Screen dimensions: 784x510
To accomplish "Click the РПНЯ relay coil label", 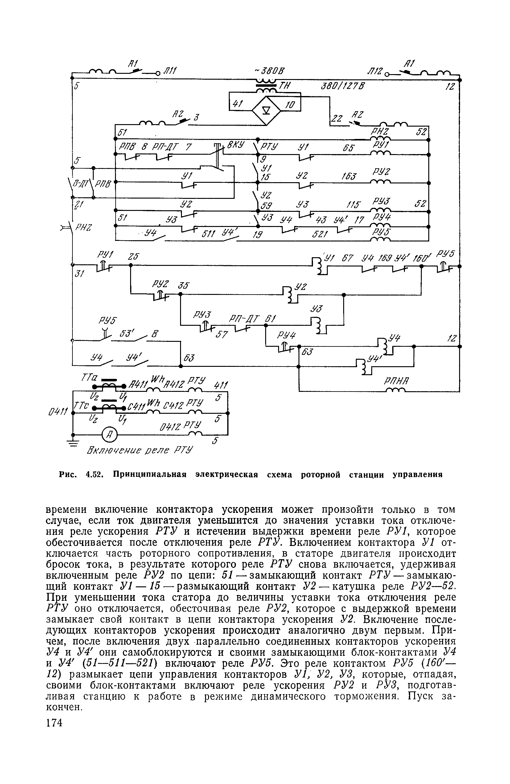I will [x=396, y=381].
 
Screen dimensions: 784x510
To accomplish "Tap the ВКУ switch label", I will [x=235, y=144].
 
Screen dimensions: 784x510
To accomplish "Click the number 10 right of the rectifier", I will [x=290, y=105].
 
